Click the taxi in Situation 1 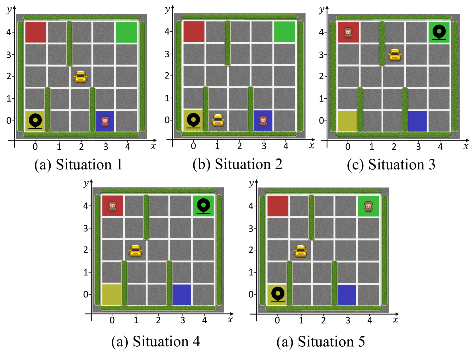tap(81, 77)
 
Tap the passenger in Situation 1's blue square tap(105, 121)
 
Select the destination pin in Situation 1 tap(35, 121)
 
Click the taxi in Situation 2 tap(218, 120)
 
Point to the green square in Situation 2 tap(284, 32)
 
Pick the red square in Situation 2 tap(194, 32)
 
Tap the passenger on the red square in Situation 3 tap(348, 33)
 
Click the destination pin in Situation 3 tap(439, 32)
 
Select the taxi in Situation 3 tap(395, 55)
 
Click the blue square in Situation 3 tap(417, 121)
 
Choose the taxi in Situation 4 tap(136, 251)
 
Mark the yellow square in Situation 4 tap(112, 295)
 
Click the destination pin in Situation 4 tap(203, 206)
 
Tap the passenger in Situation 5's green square tap(368, 206)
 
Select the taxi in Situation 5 tap(301, 251)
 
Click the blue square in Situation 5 tap(347, 295)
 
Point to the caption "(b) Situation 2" tap(237, 164)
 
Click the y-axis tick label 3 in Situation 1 tap(9, 54)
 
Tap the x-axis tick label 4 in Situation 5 tap(370, 320)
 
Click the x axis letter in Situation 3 tap(466, 146)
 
